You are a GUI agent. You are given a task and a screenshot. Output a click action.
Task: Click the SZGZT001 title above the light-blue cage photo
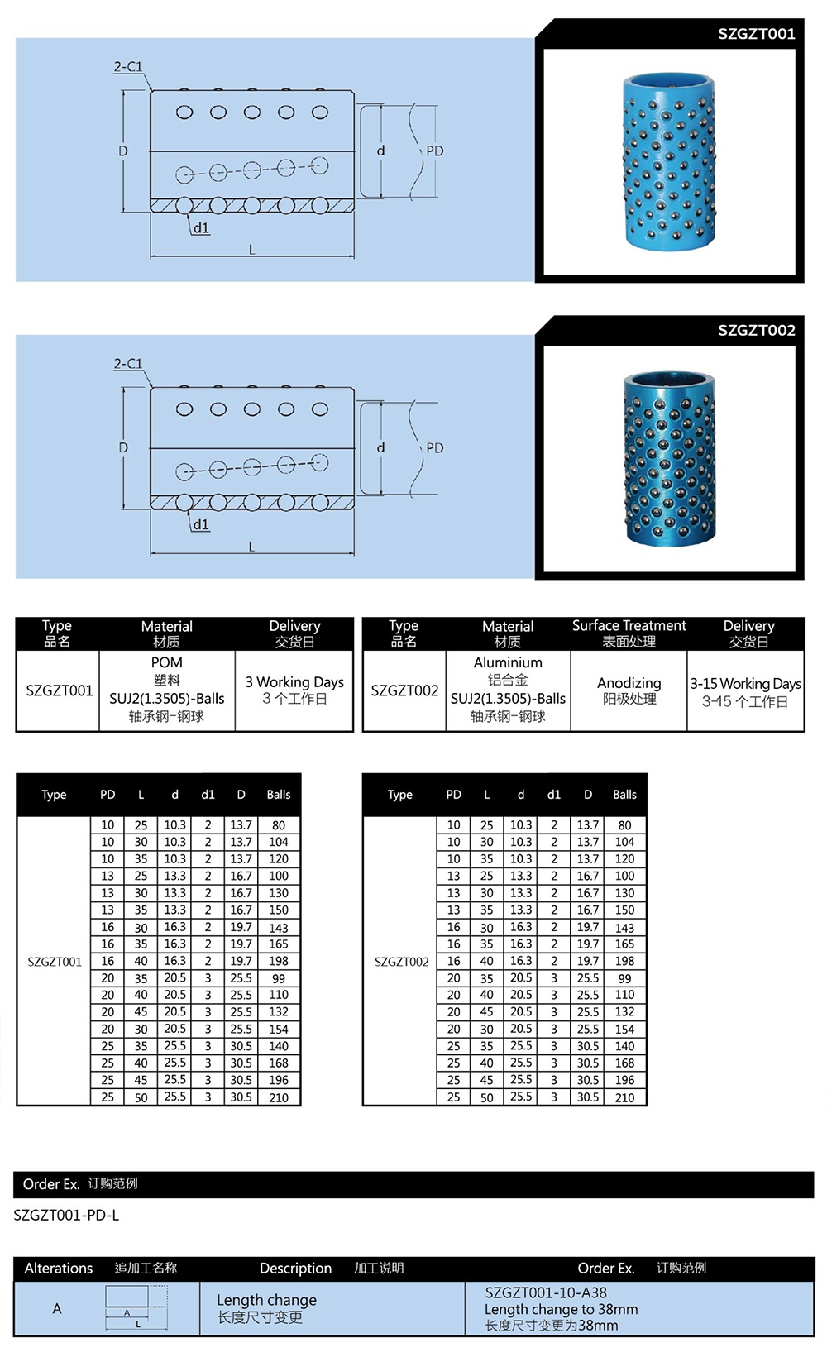point(756,34)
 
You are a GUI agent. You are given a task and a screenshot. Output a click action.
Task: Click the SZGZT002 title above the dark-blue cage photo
point(756,331)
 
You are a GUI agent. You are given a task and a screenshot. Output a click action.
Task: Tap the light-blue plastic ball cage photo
point(669,161)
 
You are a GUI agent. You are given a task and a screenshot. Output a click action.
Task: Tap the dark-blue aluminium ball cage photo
point(669,459)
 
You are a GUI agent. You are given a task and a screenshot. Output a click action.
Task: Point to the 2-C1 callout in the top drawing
point(128,67)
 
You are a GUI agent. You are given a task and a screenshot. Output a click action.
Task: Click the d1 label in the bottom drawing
point(201,525)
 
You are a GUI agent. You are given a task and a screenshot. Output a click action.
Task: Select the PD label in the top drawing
point(435,151)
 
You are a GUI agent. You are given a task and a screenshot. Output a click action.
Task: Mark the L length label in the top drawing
point(252,249)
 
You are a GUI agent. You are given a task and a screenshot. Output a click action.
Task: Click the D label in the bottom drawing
point(123,448)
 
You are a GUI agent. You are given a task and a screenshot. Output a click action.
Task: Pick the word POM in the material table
point(166,662)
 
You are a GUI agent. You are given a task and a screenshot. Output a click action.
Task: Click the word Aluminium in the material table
point(508,662)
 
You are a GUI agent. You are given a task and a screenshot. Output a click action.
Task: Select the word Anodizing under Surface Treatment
point(629,683)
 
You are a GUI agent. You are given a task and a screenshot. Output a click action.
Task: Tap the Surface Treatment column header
point(629,626)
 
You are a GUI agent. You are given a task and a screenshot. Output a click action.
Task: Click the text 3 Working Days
point(294,682)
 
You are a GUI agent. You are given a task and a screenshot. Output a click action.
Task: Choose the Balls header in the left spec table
point(279,795)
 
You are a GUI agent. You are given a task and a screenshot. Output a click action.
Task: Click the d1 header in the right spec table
point(554,795)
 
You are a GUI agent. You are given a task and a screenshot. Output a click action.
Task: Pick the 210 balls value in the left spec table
point(279,1098)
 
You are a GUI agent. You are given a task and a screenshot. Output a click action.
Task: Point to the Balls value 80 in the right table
point(624,825)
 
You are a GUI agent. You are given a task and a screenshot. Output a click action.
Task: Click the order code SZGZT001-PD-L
point(66,1215)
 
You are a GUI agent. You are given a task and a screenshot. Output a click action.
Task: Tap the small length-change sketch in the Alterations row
point(136,1308)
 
